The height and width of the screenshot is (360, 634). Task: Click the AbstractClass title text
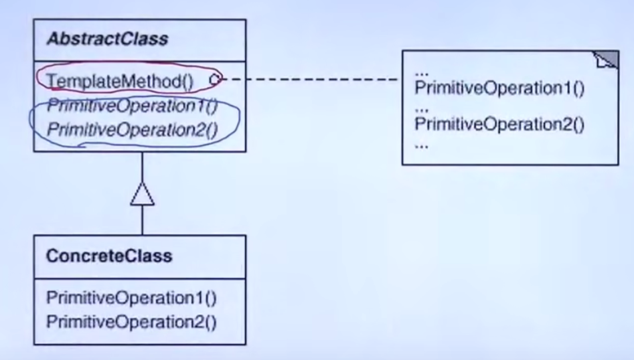pos(107,39)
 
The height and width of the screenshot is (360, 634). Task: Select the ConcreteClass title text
pos(109,256)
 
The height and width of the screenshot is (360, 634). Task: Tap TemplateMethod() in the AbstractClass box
pos(120,82)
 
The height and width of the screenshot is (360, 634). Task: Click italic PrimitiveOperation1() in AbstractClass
pos(133,106)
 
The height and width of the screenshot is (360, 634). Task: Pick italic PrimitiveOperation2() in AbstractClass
pos(133,130)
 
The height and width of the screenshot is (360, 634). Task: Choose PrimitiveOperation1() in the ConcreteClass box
pos(131,298)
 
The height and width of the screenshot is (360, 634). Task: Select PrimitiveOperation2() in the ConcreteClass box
pos(131,322)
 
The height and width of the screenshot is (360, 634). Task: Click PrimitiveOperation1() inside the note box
pos(499,88)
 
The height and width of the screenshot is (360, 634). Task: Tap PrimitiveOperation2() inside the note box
pos(499,124)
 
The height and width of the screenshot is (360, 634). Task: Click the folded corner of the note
pos(606,60)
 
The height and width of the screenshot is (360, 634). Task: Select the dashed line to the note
pos(310,79)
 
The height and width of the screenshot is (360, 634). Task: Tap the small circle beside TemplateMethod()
pos(216,79)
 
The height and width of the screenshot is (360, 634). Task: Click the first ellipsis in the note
pos(421,74)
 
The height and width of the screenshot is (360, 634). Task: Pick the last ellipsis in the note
pos(421,147)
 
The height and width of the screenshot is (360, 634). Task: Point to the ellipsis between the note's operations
pos(421,110)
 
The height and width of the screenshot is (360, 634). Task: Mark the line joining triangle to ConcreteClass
pos(143,220)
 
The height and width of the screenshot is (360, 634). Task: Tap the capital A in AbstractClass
pos(53,39)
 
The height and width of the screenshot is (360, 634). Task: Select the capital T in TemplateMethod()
pos(52,81)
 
